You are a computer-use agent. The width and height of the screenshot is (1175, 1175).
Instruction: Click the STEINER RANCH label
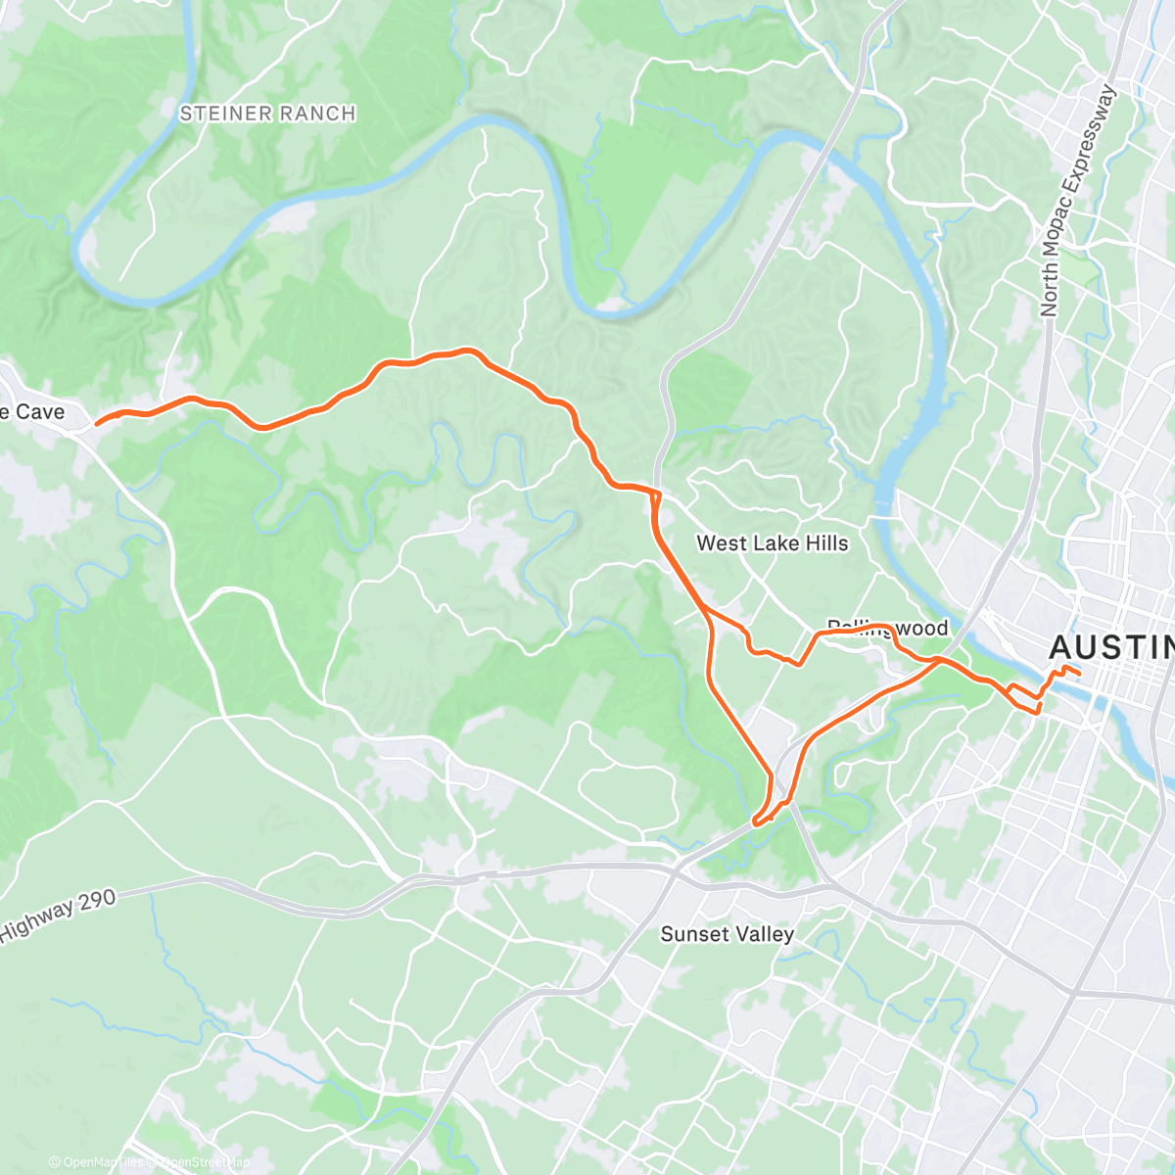pyautogui.click(x=267, y=114)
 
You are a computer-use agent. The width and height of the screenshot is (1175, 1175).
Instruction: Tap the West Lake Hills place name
pyautogui.click(x=772, y=543)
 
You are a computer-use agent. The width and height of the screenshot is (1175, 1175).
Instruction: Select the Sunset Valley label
pyautogui.click(x=727, y=934)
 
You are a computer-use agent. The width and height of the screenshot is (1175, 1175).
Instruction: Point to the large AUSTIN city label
pyautogui.click(x=1111, y=647)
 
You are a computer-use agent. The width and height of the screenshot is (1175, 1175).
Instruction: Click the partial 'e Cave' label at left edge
pyautogui.click(x=31, y=412)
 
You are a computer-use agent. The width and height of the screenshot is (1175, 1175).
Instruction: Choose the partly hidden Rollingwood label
pyautogui.click(x=887, y=628)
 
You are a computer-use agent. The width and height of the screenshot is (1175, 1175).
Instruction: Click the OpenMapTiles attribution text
pyautogui.click(x=99, y=1162)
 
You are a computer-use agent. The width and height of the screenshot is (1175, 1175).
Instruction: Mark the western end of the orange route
pyautogui.click(x=97, y=424)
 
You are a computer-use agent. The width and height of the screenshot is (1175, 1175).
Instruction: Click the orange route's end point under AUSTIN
pyautogui.click(x=1078, y=673)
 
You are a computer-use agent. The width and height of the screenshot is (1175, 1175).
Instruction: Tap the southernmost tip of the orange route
pyautogui.click(x=755, y=823)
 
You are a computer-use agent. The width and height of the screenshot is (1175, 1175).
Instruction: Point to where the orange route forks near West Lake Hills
pyautogui.click(x=705, y=611)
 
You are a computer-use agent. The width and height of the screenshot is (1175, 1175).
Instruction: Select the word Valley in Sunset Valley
pyautogui.click(x=767, y=934)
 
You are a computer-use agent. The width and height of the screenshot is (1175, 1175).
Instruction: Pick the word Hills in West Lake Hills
pyautogui.click(x=824, y=543)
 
